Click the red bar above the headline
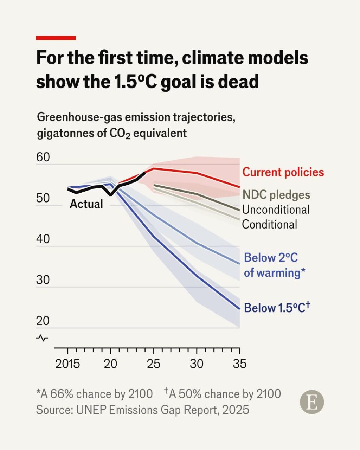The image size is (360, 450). pos(56,38)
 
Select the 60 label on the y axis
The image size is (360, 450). pos(43,157)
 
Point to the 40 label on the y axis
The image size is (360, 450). pos(43,239)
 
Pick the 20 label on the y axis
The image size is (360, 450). pos(43,321)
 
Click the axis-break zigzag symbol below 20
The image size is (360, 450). pos(42,338)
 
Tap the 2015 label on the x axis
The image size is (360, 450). pos(67,364)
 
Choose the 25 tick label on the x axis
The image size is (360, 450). pos(154,364)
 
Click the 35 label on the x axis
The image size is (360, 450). pos(239,364)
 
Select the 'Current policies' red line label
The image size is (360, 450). pos(283,172)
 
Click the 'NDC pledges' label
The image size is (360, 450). pos(276,195)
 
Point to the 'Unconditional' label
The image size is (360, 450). pos(276,210)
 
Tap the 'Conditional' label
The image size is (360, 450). pos(269,224)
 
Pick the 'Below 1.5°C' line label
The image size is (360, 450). pos(277,308)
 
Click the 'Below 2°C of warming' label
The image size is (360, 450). pos(274,265)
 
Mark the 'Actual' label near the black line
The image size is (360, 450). pos(86,204)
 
